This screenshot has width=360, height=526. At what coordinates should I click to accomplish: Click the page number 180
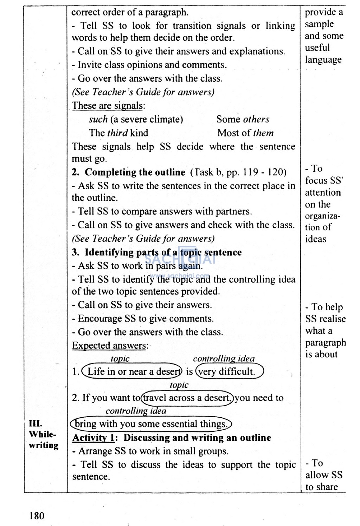[x=37, y=516]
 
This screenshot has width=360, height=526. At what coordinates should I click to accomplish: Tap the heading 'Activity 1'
[x=93, y=438]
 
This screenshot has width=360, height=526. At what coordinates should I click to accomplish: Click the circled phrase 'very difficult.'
[x=229, y=372]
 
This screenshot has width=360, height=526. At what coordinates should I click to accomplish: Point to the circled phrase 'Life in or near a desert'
[x=132, y=372]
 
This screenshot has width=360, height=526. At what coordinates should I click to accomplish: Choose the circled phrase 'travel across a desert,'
[x=187, y=398]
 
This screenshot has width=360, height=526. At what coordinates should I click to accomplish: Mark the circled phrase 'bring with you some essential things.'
[x=151, y=424]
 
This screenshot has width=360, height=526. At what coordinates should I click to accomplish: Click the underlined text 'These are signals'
[x=108, y=106]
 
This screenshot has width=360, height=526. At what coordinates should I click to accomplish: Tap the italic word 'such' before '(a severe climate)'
[x=98, y=119]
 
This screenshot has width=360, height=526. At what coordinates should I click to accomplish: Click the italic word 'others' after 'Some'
[x=256, y=119]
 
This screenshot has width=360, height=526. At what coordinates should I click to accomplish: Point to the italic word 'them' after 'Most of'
[x=263, y=133]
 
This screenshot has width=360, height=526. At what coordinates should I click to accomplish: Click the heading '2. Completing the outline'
[x=128, y=172]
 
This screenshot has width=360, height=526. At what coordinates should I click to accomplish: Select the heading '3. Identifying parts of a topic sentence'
[x=157, y=252]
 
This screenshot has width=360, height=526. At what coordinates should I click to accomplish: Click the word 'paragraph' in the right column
[x=325, y=343]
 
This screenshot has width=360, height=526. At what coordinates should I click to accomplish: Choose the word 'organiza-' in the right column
[x=322, y=216]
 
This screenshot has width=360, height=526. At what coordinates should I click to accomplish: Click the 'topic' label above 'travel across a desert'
[x=179, y=385]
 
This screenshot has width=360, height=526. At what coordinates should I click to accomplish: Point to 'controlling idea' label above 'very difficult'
[x=224, y=359]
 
